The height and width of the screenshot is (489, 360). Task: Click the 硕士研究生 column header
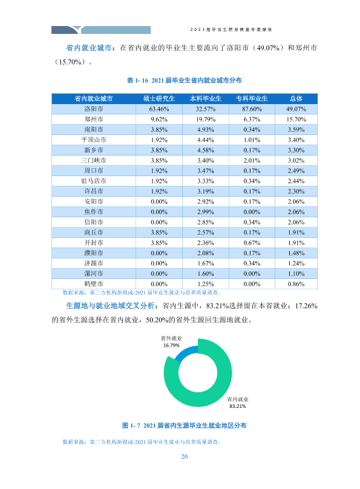[x=159, y=99]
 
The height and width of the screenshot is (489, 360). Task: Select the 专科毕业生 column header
[x=252, y=99]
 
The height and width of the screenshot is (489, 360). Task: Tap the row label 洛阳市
[x=94, y=109]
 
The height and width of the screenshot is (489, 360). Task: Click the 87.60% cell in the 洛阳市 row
[x=252, y=109]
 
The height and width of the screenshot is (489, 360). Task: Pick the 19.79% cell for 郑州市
[x=205, y=119]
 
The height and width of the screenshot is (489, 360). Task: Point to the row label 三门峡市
[x=94, y=160]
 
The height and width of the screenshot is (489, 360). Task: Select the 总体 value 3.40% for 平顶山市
[x=296, y=140]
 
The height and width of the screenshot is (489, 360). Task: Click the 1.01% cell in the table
[x=252, y=140]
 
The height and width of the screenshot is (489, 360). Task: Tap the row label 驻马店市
[x=94, y=181]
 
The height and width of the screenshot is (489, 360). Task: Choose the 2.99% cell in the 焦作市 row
[x=205, y=212]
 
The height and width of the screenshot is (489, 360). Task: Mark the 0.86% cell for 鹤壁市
[x=296, y=284]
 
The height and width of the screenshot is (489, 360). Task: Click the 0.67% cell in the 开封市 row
[x=252, y=243]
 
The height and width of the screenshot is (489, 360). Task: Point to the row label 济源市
[x=94, y=263]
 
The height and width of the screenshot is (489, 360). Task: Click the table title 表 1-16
[x=184, y=80]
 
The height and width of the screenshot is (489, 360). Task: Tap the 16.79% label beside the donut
[x=171, y=346]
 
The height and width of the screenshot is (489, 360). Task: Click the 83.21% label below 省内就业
[x=238, y=406]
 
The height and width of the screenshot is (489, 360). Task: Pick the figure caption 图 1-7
[x=184, y=425]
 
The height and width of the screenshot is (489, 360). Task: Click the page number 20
[x=185, y=456]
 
